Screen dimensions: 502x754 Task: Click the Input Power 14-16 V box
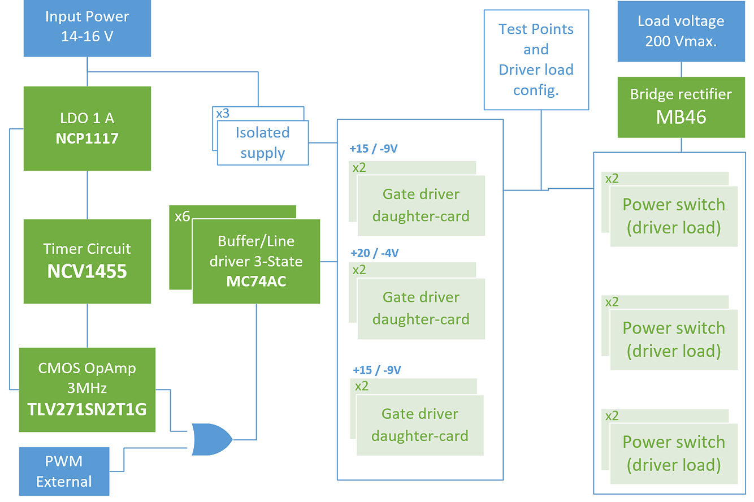(x=87, y=27)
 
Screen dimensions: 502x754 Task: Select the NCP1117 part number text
(x=87, y=139)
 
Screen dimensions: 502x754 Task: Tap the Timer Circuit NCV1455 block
(x=87, y=261)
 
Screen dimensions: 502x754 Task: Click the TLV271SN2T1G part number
(x=87, y=409)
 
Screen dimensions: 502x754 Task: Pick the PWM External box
(x=64, y=471)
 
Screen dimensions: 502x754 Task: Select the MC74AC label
(x=256, y=281)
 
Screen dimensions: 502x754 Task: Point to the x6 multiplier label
(x=182, y=216)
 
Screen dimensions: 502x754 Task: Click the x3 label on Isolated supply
(x=223, y=113)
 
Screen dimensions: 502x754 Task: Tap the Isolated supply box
(x=263, y=142)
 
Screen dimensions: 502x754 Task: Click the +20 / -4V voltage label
(x=374, y=253)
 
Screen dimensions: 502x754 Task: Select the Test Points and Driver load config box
(x=536, y=59)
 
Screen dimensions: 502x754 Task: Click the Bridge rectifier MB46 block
(x=681, y=106)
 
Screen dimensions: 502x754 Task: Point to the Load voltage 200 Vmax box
(x=681, y=31)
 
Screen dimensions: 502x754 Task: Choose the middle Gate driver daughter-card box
(x=421, y=308)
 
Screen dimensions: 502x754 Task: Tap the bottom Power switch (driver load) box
(x=674, y=453)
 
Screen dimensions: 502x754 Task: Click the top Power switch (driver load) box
(x=674, y=216)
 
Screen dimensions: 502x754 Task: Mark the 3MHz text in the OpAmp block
(x=87, y=388)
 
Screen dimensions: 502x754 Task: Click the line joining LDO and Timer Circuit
(x=87, y=194)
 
